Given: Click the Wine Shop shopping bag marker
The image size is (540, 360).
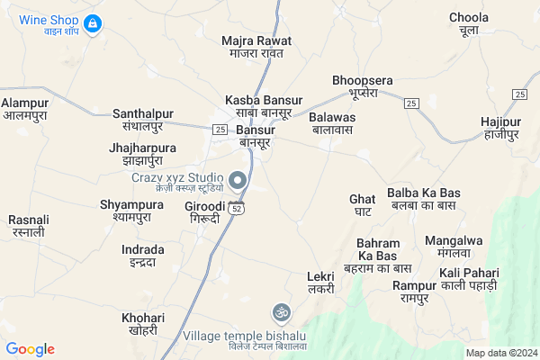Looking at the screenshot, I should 92,21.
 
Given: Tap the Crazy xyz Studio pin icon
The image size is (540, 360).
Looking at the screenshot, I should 238,182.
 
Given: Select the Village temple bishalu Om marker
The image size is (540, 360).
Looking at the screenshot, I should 280,313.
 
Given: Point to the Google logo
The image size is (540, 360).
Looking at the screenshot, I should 31,349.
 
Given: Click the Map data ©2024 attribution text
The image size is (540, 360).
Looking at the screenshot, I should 499,352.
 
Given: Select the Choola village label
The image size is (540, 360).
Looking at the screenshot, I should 469,24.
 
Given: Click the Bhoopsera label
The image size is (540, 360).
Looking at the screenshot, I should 363,86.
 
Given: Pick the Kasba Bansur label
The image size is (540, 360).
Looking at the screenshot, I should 264,105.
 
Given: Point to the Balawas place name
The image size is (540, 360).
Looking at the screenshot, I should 332,123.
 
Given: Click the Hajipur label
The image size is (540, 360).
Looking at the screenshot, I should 501,127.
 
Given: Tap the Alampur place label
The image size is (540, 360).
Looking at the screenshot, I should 24,109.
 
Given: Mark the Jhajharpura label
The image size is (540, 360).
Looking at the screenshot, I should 142,154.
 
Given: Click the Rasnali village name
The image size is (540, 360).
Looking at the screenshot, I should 26,225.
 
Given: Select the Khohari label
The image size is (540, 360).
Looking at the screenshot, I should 143,324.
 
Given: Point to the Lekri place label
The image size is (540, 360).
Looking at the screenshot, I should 320,282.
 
